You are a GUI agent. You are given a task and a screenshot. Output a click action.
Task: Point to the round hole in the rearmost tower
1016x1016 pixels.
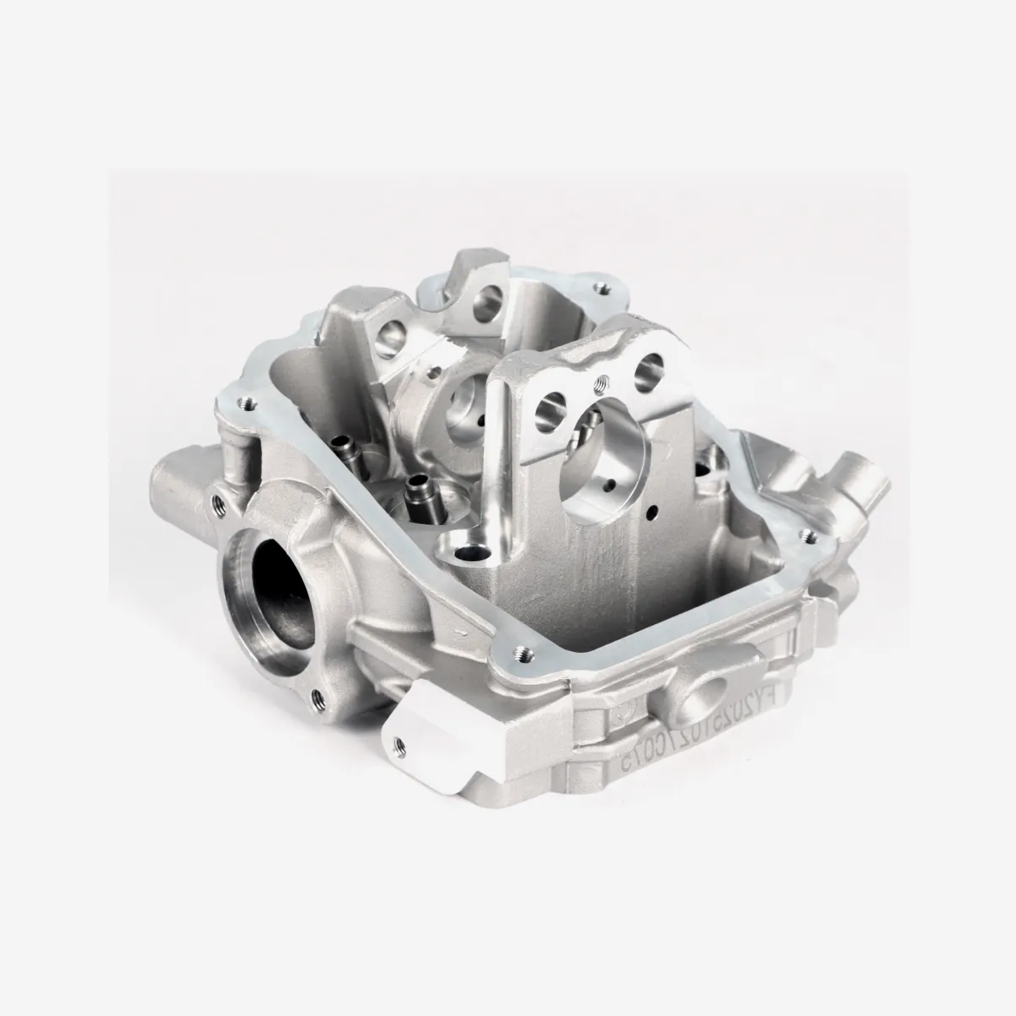pyautogui.click(x=485, y=296)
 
